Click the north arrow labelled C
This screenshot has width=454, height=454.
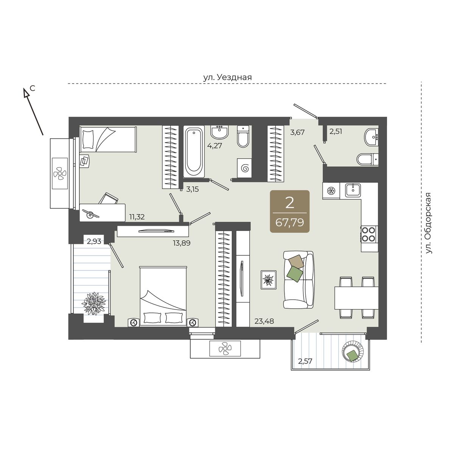pyautogui.click(x=33, y=112)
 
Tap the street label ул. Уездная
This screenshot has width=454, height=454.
pyautogui.click(x=227, y=77)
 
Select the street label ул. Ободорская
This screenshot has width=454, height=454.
pyautogui.click(x=429, y=223)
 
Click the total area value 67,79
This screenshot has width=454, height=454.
pyautogui.click(x=289, y=222)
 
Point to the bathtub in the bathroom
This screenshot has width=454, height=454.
pyautogui.click(x=194, y=151)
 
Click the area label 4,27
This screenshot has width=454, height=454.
pyautogui.click(x=215, y=146)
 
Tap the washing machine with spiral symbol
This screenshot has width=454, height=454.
pyautogui.click(x=244, y=168)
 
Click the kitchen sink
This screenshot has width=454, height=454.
pyautogui.click(x=353, y=190)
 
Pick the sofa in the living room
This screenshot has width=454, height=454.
pyautogui.click(x=299, y=280)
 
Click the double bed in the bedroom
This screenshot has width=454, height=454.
pyautogui.click(x=163, y=296)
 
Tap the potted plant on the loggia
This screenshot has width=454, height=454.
pyautogui.click(x=94, y=303)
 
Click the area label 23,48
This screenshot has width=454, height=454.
pyautogui.click(x=264, y=321)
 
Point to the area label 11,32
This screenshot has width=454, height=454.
pyautogui.click(x=137, y=216)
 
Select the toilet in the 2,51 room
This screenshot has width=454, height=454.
pyautogui.click(x=367, y=159)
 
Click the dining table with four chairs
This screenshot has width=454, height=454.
pyautogui.click(x=356, y=298)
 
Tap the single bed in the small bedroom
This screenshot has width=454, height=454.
pyautogui.click(x=108, y=139)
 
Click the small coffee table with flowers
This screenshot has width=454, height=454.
pyautogui.click(x=268, y=280)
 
